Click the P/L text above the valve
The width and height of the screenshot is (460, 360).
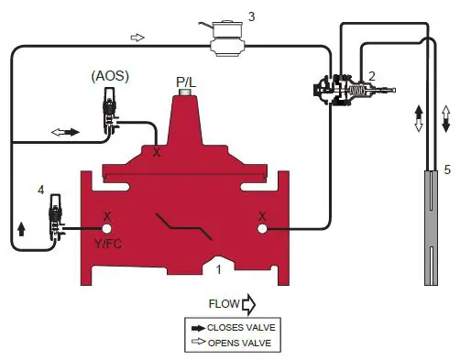point(187,81)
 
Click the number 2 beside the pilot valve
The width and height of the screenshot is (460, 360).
point(372,75)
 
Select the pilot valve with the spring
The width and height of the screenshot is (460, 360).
point(353,93)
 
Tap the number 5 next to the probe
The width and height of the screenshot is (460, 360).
point(447,169)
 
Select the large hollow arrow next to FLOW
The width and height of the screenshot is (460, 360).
point(248,301)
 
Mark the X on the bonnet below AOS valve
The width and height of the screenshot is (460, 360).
point(157,152)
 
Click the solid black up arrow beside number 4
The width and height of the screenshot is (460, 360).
point(21,228)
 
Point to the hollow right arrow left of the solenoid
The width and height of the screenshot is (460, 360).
point(138,38)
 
